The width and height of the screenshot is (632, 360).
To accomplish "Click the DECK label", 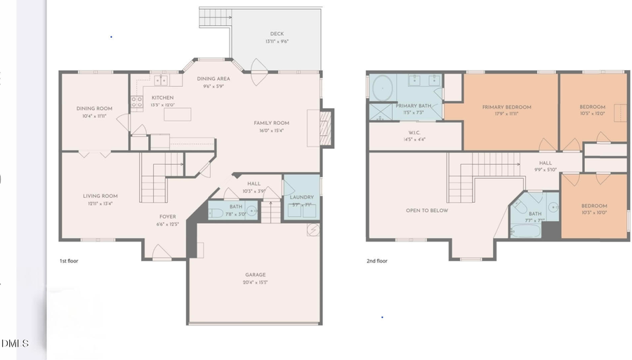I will pos(277,34).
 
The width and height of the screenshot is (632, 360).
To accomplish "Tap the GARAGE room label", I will pos(256,275).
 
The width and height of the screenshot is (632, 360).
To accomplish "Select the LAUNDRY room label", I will pos(302,197).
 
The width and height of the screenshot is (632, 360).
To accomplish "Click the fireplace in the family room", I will pos(326,128).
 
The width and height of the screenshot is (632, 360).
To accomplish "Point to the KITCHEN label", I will pos(162,98).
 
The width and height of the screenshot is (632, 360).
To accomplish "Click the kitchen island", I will pos(177,114).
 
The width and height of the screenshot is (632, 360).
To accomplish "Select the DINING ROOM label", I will pos(94,109).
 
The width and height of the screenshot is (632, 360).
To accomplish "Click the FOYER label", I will pos(167,217).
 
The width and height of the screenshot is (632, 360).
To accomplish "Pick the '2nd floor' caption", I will pos(377,261).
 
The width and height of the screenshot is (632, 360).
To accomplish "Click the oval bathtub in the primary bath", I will pos(383,88).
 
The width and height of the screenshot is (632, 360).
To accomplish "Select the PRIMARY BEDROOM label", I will pos(506,107).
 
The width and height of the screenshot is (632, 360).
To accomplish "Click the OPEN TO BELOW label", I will pos(426,211).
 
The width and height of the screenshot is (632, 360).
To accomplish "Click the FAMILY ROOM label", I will pos(271,124).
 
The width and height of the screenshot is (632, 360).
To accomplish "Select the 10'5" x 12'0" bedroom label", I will pos(593,107).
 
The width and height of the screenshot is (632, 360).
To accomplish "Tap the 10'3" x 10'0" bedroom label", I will pos(593,206).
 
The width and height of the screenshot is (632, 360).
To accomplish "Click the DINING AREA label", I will pos(213,79).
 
